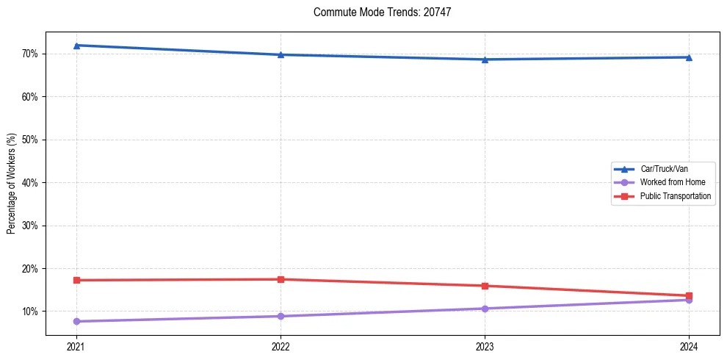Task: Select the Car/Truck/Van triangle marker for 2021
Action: pos(76,46)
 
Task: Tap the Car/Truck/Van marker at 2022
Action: pos(281,54)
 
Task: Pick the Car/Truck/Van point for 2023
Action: pos(485,60)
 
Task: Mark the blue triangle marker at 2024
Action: pos(689,57)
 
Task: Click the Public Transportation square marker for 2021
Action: pos(76,280)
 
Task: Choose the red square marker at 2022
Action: pos(281,279)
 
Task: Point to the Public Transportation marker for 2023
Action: pos(485,286)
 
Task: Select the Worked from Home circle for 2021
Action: pos(76,321)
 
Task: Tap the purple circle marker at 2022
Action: pos(281,316)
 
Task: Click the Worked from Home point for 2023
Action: pos(485,309)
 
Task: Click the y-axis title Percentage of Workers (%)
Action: pos(12,183)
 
